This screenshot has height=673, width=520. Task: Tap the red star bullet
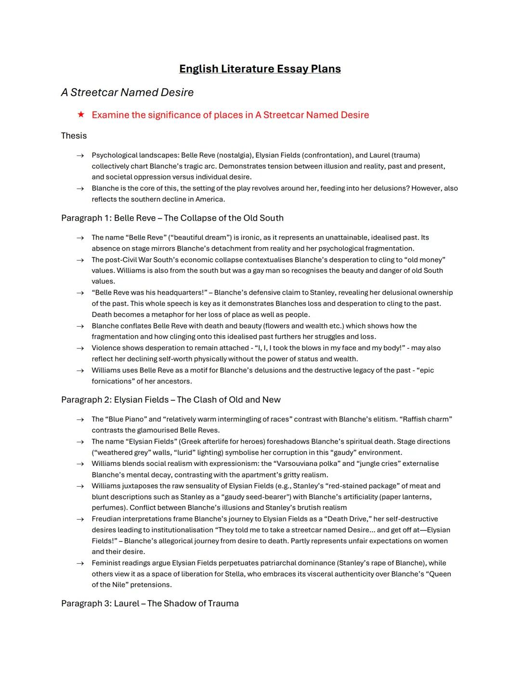81,115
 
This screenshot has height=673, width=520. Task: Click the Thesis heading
74,136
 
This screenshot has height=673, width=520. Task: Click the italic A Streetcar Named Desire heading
127,92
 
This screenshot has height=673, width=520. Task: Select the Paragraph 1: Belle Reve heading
172,218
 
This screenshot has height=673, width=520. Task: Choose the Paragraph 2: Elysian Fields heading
170,400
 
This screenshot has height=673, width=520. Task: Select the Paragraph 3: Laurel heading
150,604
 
